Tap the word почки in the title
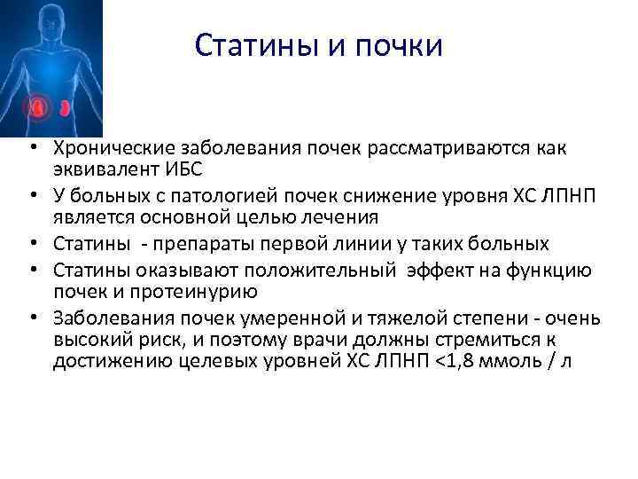pos(396,45)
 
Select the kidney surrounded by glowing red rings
pos(39,108)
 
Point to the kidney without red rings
pos(66,109)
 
